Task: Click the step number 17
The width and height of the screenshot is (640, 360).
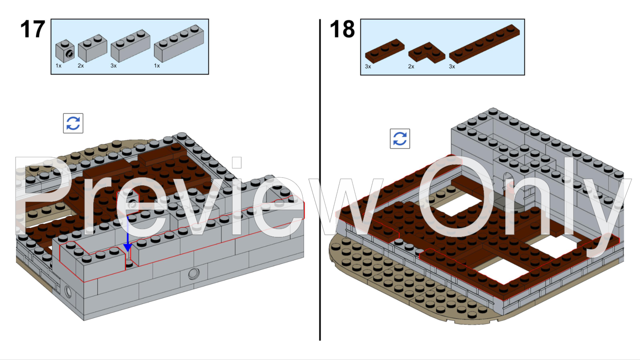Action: (33, 29)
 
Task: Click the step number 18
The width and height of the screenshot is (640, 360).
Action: (342, 29)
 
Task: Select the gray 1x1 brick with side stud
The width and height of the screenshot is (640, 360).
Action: (65, 51)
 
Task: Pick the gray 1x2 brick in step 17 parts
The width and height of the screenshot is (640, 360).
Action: (92, 48)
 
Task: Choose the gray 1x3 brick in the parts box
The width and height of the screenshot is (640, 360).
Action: (130, 45)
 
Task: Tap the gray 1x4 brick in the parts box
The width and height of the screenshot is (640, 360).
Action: (178, 43)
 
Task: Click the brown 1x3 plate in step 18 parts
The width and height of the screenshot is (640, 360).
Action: (384, 50)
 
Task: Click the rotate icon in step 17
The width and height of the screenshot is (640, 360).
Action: (73, 123)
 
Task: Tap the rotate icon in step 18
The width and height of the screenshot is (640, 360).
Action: (400, 139)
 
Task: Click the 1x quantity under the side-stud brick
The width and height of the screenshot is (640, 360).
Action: (58, 66)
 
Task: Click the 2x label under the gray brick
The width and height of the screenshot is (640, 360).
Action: (81, 66)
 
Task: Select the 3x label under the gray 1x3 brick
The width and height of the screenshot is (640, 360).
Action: (114, 66)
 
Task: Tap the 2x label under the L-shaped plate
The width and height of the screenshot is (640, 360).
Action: (411, 66)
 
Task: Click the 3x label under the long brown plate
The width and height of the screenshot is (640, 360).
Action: (452, 66)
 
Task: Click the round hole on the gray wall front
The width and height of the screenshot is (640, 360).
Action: (194, 274)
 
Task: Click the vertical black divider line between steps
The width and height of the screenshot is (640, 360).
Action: (320, 180)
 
